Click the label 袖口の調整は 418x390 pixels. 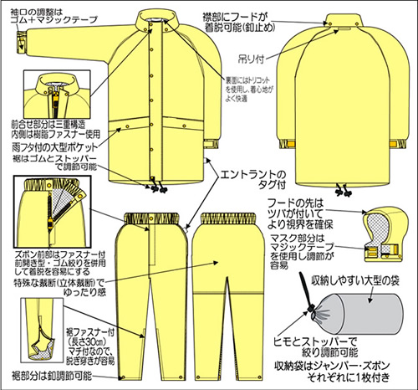34,8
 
